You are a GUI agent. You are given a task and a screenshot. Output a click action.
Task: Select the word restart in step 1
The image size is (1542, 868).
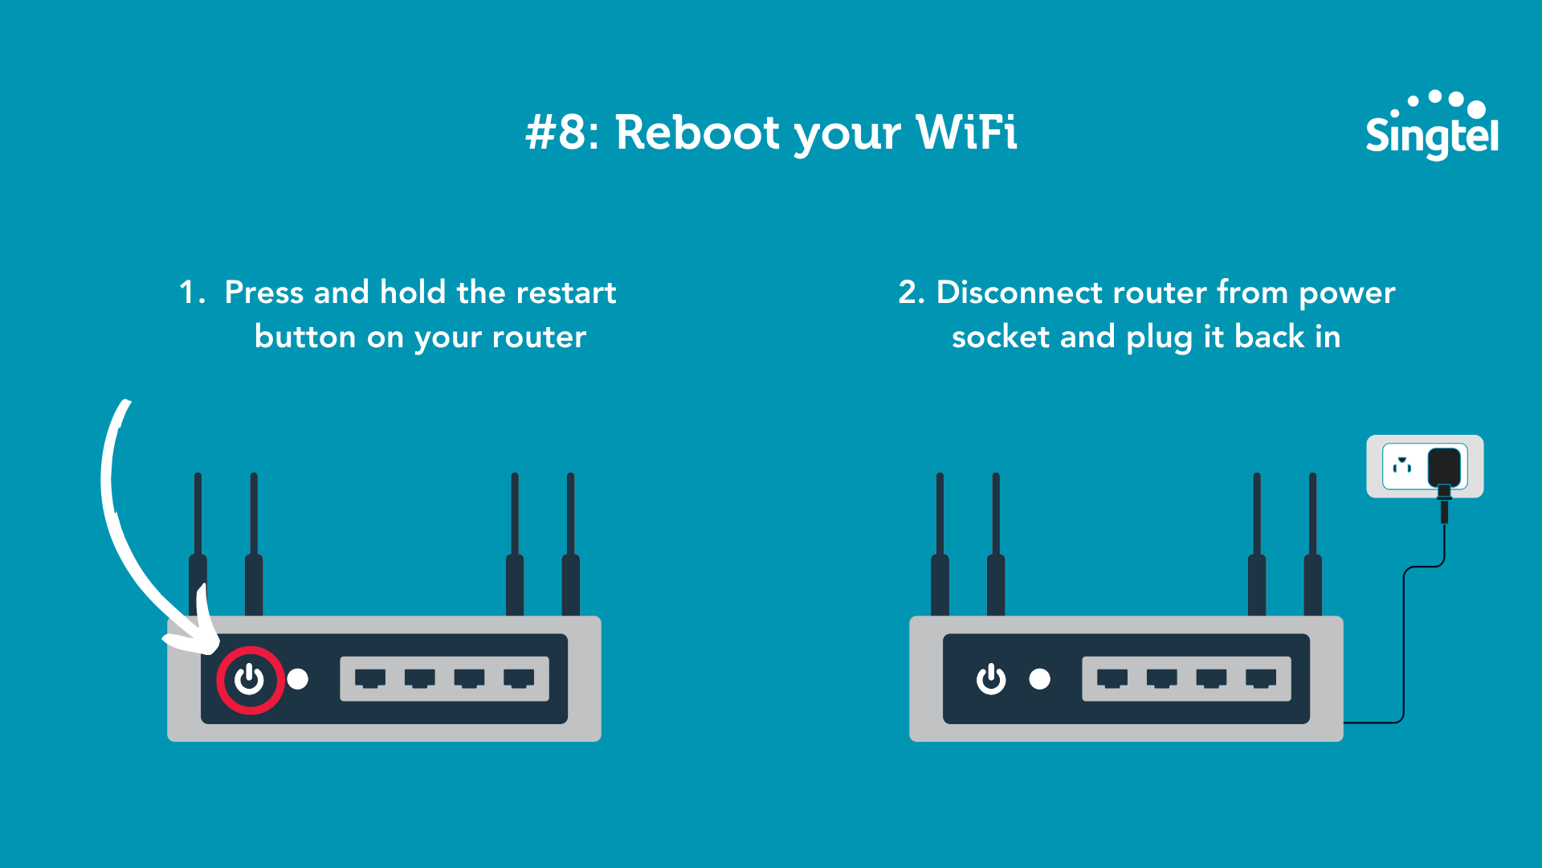565,293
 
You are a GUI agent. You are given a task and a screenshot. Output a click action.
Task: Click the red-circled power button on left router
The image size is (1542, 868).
250,680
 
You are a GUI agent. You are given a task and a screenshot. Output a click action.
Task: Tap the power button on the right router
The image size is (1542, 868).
991,680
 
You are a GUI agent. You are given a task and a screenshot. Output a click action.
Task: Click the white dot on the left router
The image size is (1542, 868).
298,680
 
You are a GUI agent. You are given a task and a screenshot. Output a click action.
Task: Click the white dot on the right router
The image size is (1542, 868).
1040,680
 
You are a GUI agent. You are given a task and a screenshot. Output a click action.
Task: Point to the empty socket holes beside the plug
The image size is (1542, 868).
1402,465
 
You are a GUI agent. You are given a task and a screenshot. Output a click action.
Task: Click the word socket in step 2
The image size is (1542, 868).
1001,337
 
